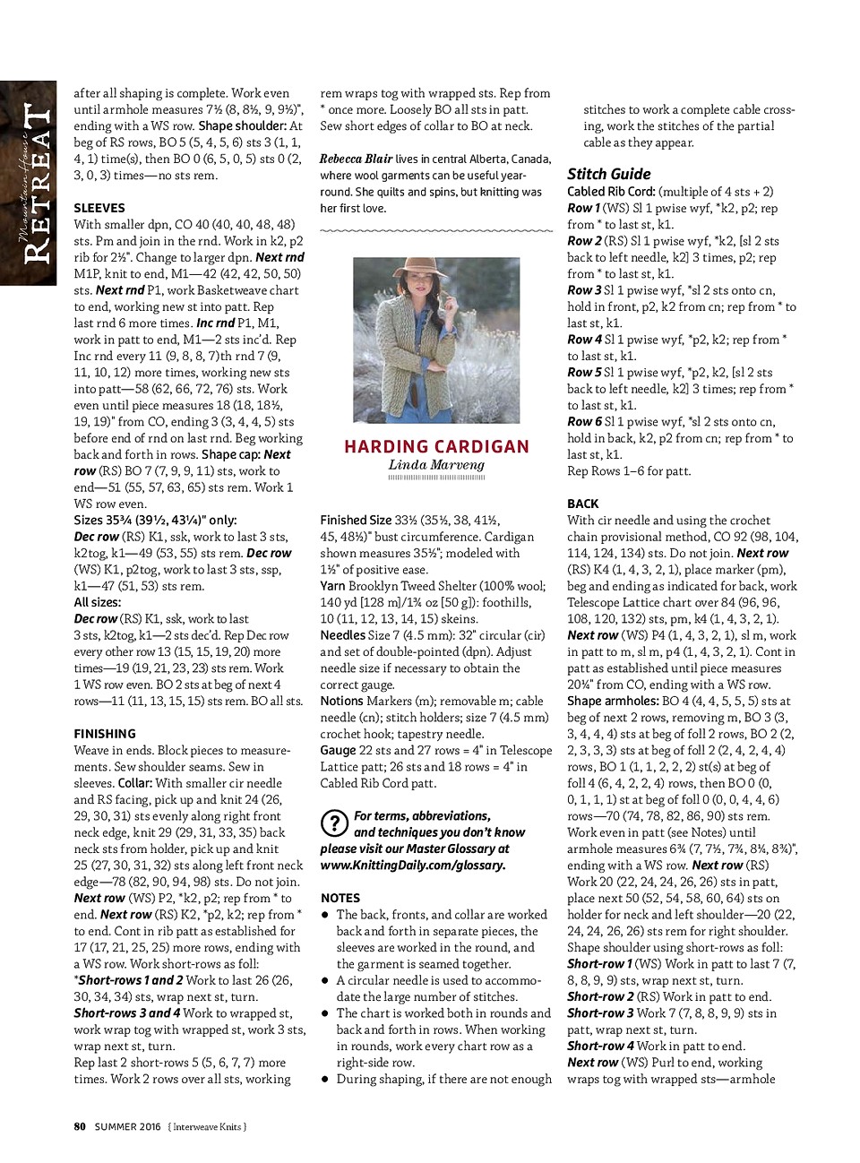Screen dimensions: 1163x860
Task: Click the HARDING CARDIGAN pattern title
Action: [436, 446]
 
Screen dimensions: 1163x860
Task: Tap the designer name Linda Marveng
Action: [436, 465]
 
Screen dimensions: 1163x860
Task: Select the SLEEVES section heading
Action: [99, 208]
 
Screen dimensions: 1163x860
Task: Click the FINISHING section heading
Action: [105, 734]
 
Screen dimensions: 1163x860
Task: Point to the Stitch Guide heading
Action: [609, 174]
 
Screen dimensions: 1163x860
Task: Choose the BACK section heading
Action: [583, 504]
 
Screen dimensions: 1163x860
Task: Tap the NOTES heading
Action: [340, 898]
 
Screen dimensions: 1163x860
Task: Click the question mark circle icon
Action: [333, 823]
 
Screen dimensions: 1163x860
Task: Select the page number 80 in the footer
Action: [80, 1126]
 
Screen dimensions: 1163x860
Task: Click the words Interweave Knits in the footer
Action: [209, 1126]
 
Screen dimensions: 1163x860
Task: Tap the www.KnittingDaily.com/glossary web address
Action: [413, 866]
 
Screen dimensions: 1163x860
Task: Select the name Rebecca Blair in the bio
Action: [356, 159]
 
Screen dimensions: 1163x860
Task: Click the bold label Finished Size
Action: [356, 520]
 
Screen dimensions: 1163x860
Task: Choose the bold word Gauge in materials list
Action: [338, 751]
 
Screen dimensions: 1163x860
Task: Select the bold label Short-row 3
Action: [600, 1013]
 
